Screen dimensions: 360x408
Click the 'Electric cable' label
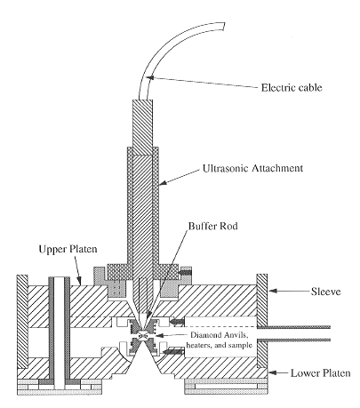click(x=292, y=88)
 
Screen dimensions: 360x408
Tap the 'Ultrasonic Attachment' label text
click(x=252, y=168)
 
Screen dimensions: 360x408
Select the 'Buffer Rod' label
click(x=213, y=226)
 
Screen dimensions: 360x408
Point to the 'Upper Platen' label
click(x=68, y=249)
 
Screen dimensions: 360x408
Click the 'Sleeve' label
click(x=325, y=292)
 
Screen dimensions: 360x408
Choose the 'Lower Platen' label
click(x=320, y=372)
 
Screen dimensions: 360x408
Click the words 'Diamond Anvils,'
click(x=219, y=335)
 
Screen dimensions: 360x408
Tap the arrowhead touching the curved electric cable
click(x=150, y=77)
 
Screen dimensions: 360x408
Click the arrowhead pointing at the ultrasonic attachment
click(x=164, y=183)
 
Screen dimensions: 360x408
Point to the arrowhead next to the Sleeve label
click(x=273, y=291)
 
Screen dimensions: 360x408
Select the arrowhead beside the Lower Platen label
click(x=273, y=372)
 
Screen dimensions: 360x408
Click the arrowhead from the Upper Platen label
click(x=79, y=281)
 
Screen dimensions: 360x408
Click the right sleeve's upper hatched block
click(x=262, y=300)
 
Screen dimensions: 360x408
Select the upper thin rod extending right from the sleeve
click(x=293, y=327)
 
